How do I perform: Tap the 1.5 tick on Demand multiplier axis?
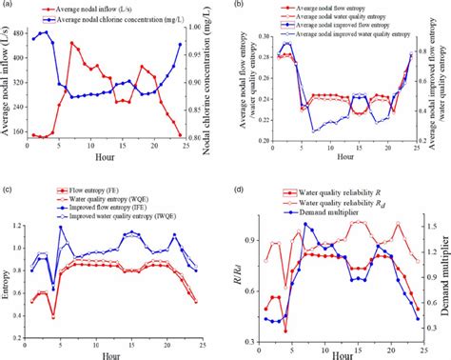click(430, 227)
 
